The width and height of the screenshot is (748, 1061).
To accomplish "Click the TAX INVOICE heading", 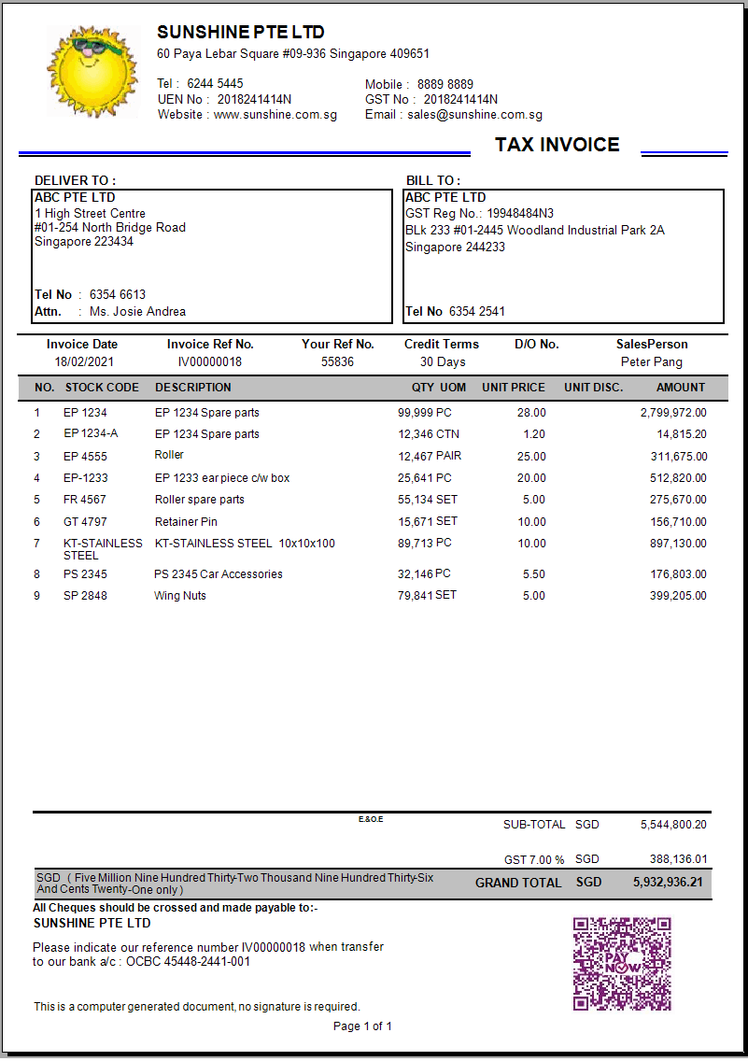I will click(x=557, y=145).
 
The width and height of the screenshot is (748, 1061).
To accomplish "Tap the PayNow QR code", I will click(x=622, y=963).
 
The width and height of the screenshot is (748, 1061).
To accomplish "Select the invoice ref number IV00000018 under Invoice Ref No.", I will click(x=210, y=362).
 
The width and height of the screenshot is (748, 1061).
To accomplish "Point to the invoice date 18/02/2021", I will click(x=82, y=362).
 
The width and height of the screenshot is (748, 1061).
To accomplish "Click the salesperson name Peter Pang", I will click(x=651, y=362).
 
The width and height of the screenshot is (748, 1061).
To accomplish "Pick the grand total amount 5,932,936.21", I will click(x=668, y=882).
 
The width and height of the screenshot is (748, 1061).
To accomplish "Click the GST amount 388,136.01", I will click(x=678, y=859).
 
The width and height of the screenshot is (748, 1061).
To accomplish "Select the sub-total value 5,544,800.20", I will click(x=673, y=825).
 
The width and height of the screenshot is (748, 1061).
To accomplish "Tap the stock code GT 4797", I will click(x=85, y=522).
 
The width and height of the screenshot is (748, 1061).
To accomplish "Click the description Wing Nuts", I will click(x=180, y=596).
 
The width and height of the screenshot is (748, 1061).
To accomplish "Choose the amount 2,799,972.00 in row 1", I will click(x=673, y=413).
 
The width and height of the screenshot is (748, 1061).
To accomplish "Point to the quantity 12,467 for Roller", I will click(x=416, y=456).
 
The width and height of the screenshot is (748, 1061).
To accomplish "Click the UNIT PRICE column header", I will click(x=513, y=388).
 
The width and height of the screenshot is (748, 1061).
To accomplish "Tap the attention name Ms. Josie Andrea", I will click(x=137, y=312).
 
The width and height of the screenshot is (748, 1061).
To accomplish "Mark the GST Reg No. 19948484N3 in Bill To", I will click(x=519, y=214).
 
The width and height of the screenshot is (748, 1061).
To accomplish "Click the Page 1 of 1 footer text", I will click(x=362, y=1026).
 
